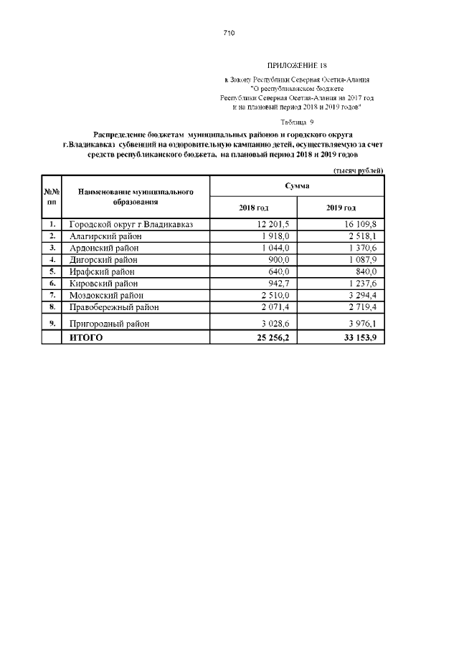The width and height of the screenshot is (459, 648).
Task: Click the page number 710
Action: [x=229, y=33]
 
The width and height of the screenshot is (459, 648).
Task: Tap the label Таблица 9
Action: [x=298, y=122]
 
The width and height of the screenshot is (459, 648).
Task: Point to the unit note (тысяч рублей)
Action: [x=359, y=170]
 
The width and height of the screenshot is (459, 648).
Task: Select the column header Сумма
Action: [x=297, y=185]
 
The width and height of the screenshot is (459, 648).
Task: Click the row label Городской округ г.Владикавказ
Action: [x=131, y=225]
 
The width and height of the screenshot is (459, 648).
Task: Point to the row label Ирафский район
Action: [x=102, y=271]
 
